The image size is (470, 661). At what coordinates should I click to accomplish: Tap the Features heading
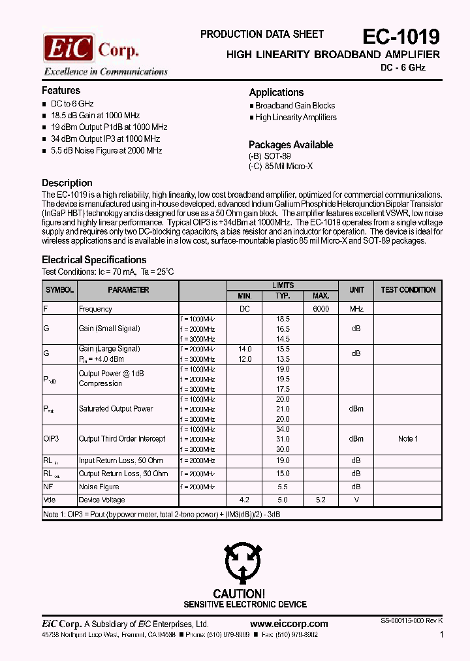coord(61,91)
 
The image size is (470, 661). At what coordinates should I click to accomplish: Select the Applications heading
coord(276,93)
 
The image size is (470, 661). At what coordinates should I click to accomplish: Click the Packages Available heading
coord(290,145)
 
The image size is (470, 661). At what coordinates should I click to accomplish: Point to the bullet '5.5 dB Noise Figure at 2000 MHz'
coord(106,151)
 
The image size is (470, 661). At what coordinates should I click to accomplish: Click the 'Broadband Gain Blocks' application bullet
coord(294,106)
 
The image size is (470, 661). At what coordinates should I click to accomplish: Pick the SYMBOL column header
coord(59,290)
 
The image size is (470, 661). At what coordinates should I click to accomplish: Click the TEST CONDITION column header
coord(408,290)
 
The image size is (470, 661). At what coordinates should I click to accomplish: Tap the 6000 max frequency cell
coord(321,309)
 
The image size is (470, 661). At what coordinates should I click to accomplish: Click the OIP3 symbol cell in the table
coord(51,439)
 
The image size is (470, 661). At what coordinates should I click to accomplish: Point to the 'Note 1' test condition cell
coord(408,439)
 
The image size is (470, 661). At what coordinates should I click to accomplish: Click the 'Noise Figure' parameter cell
coord(99,487)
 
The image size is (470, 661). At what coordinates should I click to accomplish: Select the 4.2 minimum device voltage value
coord(244,500)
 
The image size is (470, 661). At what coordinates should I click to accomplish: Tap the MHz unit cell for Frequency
coord(356,309)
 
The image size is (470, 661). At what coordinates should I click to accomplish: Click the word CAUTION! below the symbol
coord(239,594)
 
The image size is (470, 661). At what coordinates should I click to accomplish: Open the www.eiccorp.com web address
coord(289,624)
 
